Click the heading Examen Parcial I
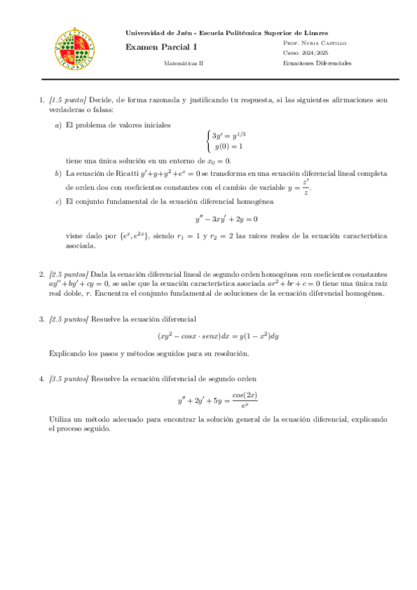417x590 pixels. [152, 47]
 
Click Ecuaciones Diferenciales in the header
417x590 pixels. [317, 63]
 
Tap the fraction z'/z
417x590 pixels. [306, 186]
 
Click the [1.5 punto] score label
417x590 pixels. [68, 100]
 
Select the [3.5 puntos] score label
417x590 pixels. [69, 379]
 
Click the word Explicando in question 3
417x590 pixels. [66, 354]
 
